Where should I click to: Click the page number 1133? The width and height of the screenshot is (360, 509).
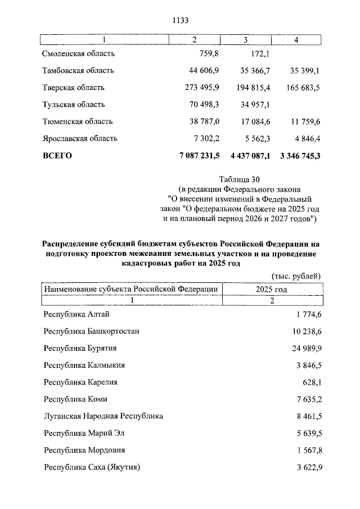[x=179, y=20]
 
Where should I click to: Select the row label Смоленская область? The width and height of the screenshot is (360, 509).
[x=79, y=54]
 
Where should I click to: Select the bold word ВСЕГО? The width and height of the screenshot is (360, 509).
[x=57, y=156]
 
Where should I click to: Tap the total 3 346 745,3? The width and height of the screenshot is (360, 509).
[x=299, y=156]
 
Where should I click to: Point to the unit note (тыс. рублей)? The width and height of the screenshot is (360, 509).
[x=296, y=276]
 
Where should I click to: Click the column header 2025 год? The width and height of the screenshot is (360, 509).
[x=272, y=289]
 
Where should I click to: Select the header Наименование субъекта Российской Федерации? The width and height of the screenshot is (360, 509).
[x=131, y=289]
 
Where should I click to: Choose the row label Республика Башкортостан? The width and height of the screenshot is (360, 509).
[x=91, y=331]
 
